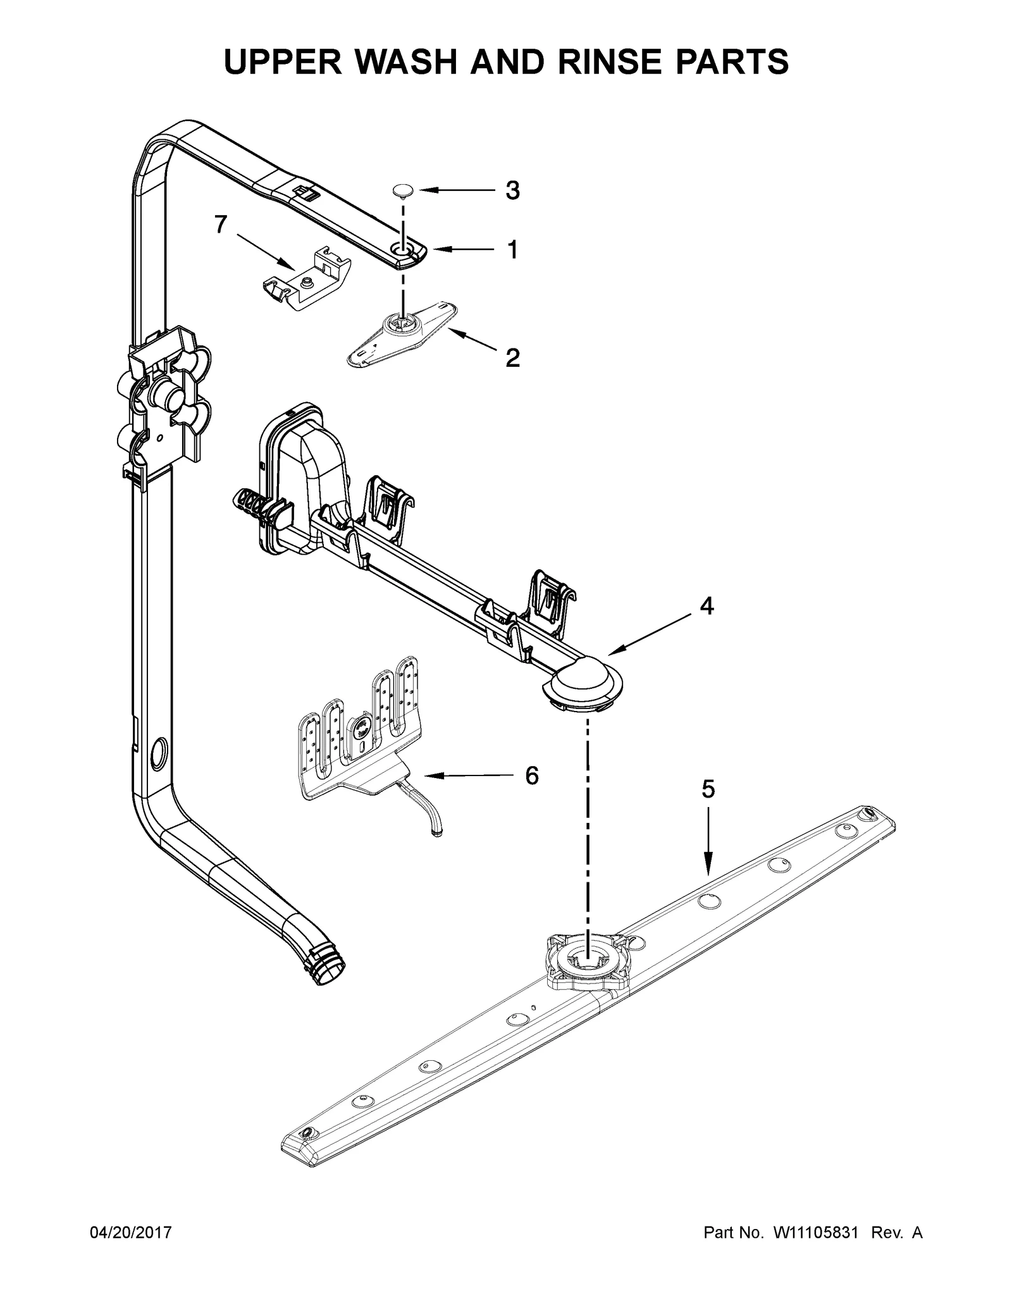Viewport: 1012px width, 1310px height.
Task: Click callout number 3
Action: click(512, 190)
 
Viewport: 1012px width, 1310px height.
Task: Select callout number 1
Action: click(512, 250)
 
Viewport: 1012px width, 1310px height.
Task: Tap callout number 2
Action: click(512, 358)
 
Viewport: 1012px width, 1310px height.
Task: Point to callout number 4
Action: click(707, 606)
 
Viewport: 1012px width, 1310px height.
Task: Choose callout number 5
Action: click(708, 789)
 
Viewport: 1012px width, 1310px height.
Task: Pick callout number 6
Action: click(532, 775)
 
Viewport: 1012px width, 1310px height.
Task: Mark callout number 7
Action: click(220, 225)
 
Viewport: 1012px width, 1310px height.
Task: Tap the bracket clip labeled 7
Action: click(306, 281)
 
